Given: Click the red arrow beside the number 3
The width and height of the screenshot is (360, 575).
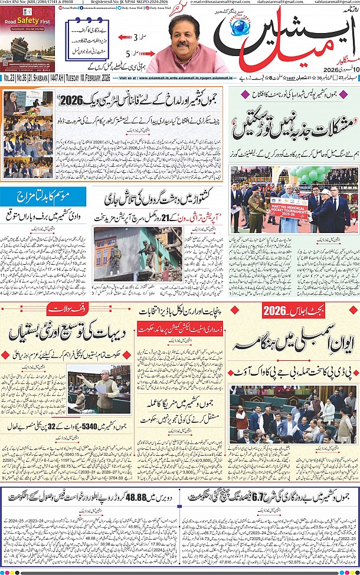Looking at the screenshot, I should [x=125, y=37].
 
